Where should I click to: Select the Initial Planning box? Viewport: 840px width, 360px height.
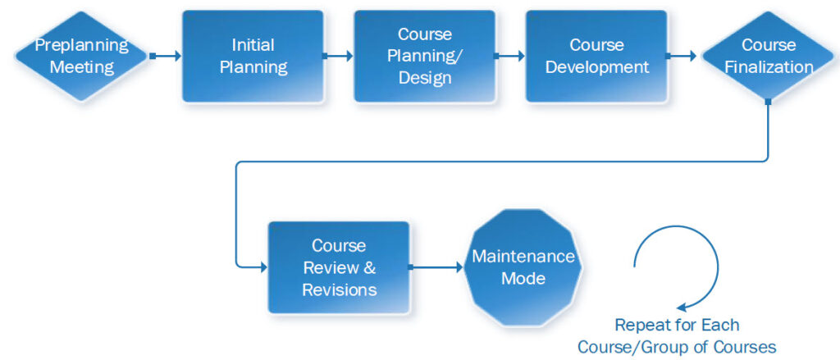[x=253, y=56]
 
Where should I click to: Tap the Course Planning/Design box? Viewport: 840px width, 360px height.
[x=424, y=56]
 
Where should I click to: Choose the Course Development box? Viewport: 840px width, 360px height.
[x=596, y=56]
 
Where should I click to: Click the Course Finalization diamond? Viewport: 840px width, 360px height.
[x=768, y=56]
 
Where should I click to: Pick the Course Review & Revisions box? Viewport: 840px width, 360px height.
[x=339, y=267]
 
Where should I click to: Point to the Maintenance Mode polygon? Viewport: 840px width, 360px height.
[x=523, y=267]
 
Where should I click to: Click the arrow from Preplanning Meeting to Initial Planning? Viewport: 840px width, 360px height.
[x=167, y=56]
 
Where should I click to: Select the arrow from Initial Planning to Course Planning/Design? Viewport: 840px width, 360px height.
[x=339, y=56]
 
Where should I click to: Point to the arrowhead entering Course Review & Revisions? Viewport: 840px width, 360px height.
[x=262, y=267]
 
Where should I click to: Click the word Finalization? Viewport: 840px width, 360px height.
[x=769, y=67]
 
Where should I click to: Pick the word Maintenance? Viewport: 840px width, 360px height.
[x=523, y=257]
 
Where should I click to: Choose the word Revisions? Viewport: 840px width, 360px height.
[x=339, y=289]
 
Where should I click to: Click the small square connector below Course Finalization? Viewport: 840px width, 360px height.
[x=768, y=102]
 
